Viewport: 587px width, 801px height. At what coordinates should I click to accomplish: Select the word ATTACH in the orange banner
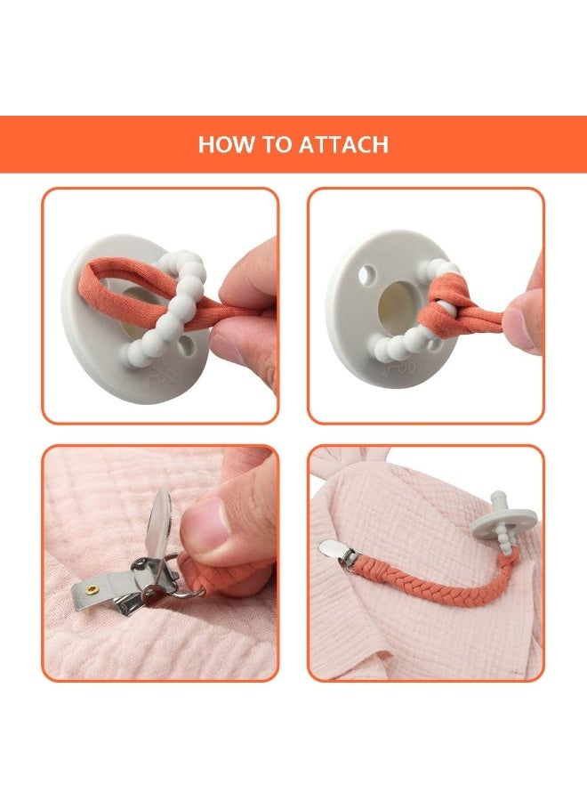[x=343, y=144]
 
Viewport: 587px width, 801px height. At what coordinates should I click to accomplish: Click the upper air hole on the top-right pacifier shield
[x=366, y=275]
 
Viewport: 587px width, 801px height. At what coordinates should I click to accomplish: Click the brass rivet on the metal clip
[x=92, y=590]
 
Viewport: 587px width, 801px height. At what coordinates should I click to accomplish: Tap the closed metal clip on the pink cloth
[x=340, y=554]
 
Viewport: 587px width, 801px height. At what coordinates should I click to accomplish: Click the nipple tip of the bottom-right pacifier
[x=498, y=497]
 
